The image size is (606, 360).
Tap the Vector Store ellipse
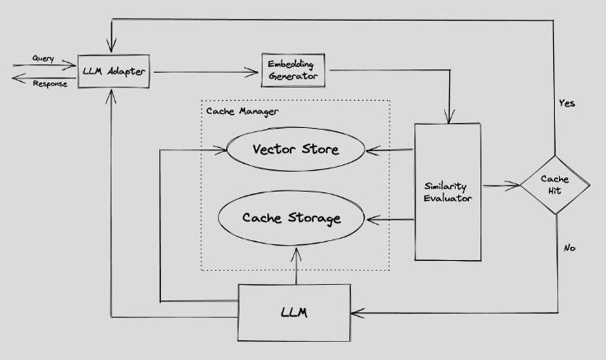click(296, 150)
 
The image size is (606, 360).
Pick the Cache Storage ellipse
click(291, 219)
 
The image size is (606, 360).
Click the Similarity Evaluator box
click(446, 192)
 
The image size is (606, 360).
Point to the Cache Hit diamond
click(555, 185)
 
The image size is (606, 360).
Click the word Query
click(44, 59)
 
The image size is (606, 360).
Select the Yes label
click(566, 104)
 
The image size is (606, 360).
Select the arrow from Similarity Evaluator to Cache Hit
click(499, 186)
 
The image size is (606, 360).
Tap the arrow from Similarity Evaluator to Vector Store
click(389, 150)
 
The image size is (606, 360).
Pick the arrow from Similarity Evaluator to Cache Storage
click(389, 220)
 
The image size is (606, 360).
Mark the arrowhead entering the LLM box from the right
click(357, 312)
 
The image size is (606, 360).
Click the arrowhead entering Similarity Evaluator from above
click(448, 118)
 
